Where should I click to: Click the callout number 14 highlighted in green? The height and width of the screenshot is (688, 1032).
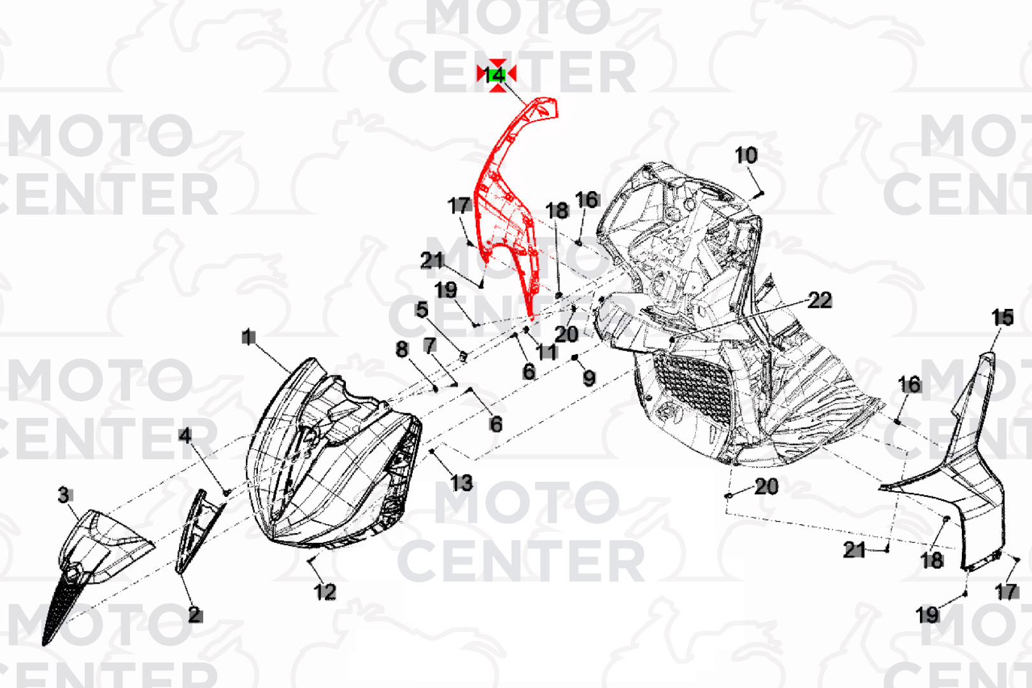[496, 75]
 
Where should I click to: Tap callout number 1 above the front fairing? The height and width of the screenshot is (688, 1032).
[249, 337]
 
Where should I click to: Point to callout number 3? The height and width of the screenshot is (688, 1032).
[64, 495]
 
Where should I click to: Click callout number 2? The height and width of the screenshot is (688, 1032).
[195, 615]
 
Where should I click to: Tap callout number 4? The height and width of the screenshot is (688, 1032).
[185, 435]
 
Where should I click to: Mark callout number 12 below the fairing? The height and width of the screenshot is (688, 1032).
[325, 592]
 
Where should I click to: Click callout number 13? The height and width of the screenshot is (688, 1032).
[462, 483]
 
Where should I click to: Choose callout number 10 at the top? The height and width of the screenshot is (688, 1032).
[746, 155]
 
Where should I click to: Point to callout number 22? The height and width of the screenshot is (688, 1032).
[820, 300]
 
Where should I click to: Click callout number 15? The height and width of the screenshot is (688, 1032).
[1002, 317]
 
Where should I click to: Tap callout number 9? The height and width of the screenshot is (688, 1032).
[589, 378]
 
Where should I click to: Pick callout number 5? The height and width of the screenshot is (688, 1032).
[422, 310]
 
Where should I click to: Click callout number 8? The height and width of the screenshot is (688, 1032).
[401, 349]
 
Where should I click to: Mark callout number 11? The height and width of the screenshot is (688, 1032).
[547, 352]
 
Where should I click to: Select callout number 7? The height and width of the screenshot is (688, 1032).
[430, 345]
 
